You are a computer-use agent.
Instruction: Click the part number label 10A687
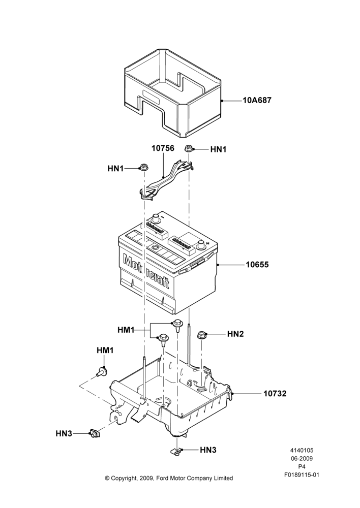tap(257, 101)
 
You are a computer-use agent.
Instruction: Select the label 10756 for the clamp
tap(163, 148)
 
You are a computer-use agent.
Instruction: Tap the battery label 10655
tap(257, 265)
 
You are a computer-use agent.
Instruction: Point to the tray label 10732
tap(275, 394)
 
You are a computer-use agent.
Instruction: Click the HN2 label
tap(235, 334)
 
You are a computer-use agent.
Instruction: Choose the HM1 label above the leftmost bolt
tap(105, 350)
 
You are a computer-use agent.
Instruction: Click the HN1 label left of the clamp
tap(116, 169)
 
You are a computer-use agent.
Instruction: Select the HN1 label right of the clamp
tap(218, 149)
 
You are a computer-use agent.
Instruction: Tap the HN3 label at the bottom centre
tap(208, 450)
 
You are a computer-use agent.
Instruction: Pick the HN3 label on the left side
tap(64, 433)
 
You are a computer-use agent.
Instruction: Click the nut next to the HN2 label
tap(201, 334)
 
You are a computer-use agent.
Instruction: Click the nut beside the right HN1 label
tap(188, 149)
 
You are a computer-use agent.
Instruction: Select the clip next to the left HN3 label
tap(95, 432)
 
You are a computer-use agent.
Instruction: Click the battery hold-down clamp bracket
tap(166, 180)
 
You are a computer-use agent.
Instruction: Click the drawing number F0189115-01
tap(302, 475)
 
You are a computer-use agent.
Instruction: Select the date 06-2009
tap(302, 458)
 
